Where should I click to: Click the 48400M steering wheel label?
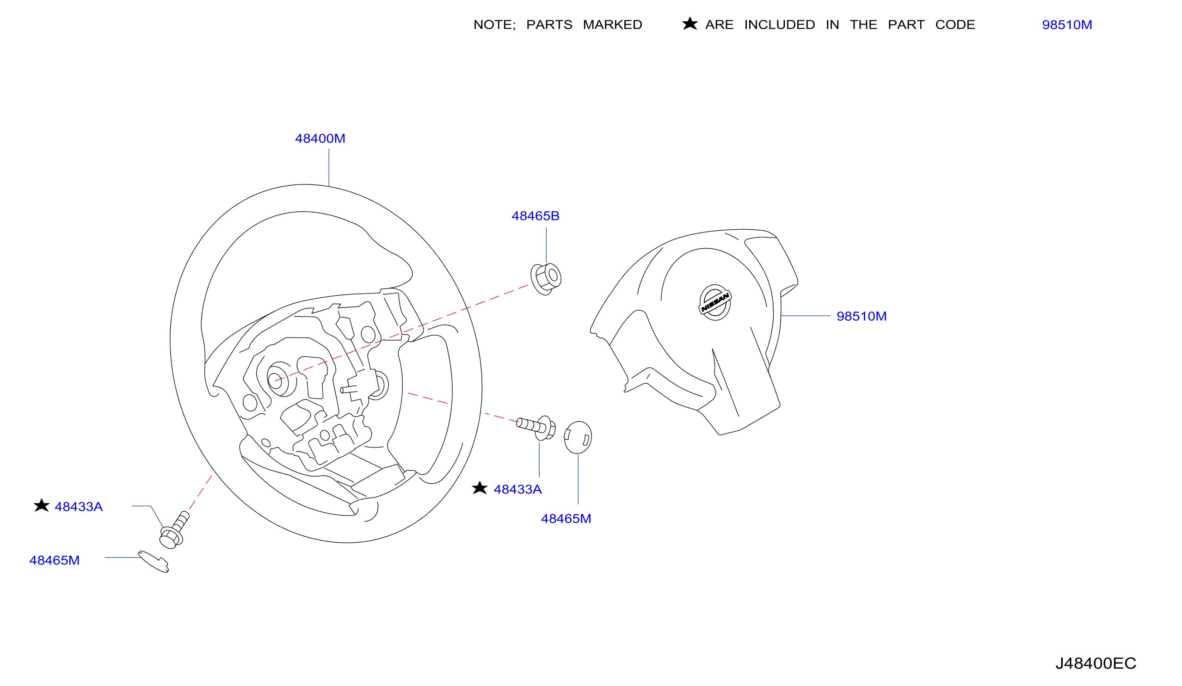point(320,139)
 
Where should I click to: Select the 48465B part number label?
point(535,216)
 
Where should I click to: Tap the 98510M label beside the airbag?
point(861,317)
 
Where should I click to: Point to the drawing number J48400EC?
point(1096,663)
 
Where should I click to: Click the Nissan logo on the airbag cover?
point(715,302)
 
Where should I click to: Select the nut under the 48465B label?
point(546,280)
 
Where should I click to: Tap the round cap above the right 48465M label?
point(578,437)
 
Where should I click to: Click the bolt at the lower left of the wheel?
point(174,530)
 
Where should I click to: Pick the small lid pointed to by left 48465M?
point(154,562)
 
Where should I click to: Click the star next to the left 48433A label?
point(42,505)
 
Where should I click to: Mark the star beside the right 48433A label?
point(480,488)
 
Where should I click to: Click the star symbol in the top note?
point(689,24)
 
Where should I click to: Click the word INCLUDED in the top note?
point(780,25)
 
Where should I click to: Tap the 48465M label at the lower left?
point(55,561)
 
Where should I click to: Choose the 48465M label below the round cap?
point(566,519)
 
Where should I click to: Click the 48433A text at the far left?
point(78,507)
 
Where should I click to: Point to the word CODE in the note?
point(955,25)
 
